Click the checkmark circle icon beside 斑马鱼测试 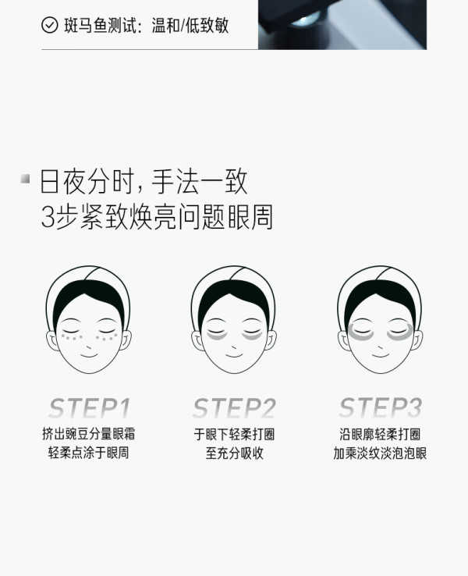pos(50,25)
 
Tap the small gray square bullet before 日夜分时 pos(25,179)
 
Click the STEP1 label pos(89,408)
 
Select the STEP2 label pos(234,408)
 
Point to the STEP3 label pos(381,407)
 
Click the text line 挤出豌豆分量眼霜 pos(88,434)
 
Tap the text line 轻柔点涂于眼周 pos(88,453)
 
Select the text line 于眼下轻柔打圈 pos(234,434)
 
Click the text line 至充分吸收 pos(234,453)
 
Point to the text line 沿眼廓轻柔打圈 pos(380,434)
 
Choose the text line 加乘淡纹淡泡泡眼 pos(380,453)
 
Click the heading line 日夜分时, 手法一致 pos(144,182)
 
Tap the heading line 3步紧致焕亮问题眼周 pos(157,217)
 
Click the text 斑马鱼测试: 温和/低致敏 pos(147,25)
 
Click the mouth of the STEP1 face pos(89,356)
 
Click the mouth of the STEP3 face pos(381,356)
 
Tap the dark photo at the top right pos(342,25)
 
